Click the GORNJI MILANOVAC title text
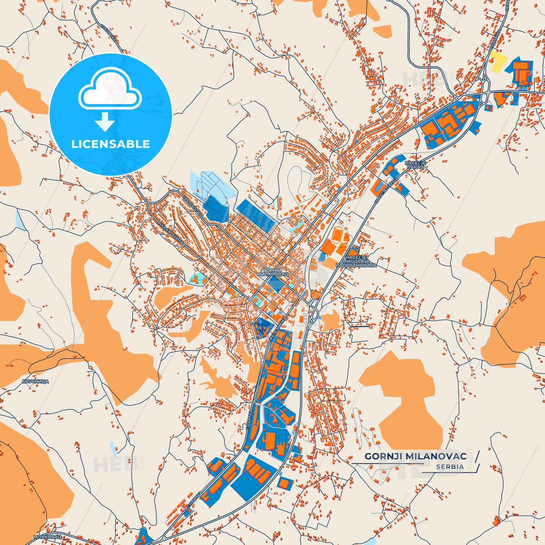tap(415, 456)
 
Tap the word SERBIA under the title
tap(450, 467)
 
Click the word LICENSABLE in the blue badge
tap(111, 144)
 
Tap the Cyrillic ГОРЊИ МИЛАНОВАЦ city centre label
tap(272, 272)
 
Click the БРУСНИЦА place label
tap(35, 382)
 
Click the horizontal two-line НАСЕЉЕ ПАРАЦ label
tap(415, 164)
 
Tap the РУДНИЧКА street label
tap(495, 39)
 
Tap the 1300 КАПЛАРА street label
tap(193, 207)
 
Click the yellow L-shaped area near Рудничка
tap(497, 61)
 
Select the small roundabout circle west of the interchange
tap(456, 98)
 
